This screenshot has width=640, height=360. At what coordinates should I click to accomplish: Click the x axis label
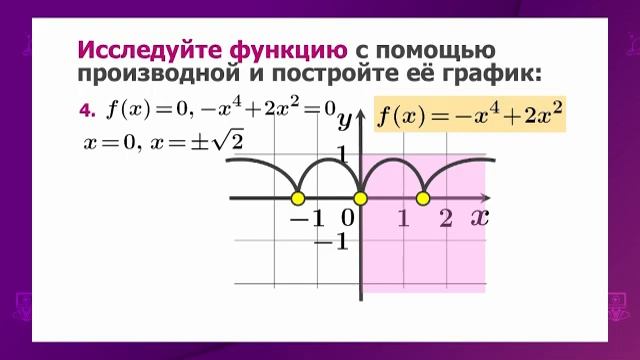pyautogui.click(x=479, y=216)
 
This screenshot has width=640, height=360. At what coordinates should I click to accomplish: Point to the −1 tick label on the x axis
pyautogui.click(x=307, y=218)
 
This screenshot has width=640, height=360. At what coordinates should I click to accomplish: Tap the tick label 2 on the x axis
pyautogui.click(x=446, y=218)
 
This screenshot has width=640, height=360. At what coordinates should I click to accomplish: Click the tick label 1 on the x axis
pyautogui.click(x=404, y=218)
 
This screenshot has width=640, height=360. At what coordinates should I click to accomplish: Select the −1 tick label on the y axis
pyautogui.click(x=330, y=241)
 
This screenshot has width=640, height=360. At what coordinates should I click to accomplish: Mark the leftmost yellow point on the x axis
pyautogui.click(x=297, y=198)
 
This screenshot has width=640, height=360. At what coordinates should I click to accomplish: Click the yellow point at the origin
pyautogui.click(x=361, y=198)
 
